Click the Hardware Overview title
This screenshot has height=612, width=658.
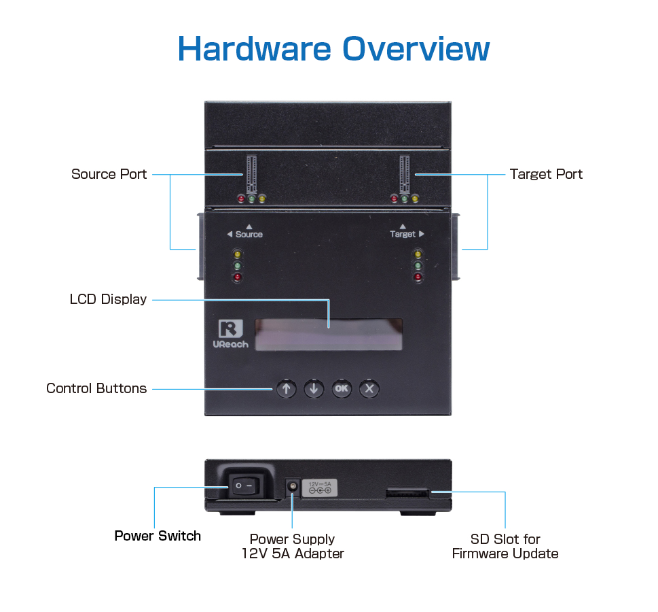click(x=333, y=49)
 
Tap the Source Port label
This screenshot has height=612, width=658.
click(x=109, y=174)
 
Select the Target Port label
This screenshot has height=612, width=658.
click(x=546, y=174)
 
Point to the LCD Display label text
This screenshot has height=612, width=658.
click(x=108, y=299)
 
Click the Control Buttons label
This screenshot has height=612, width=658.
click(x=96, y=388)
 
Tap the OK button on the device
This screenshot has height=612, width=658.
click(x=341, y=389)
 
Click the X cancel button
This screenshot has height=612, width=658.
click(x=369, y=389)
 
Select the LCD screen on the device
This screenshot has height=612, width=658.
click(x=329, y=335)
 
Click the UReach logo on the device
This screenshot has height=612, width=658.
click(x=230, y=333)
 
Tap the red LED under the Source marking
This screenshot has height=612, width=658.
click(x=238, y=277)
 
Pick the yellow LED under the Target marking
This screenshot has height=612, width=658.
click(x=418, y=254)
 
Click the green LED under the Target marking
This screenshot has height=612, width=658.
click(x=418, y=266)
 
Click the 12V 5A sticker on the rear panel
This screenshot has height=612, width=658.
click(x=319, y=487)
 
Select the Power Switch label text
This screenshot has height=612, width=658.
click(x=158, y=536)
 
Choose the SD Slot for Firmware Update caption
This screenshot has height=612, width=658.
click(x=505, y=546)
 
